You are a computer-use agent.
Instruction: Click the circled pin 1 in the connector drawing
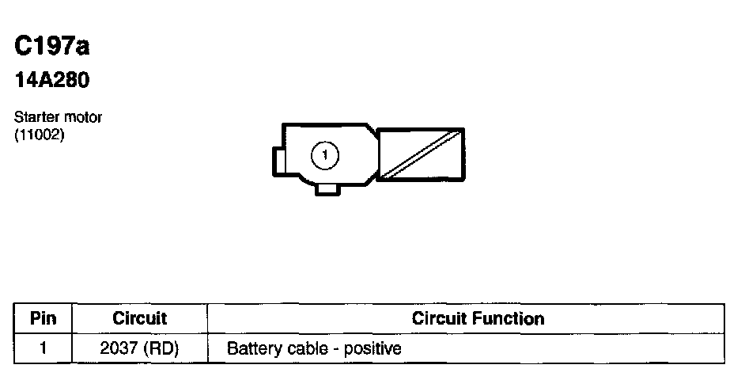[324, 155]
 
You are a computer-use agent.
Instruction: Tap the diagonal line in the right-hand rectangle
[419, 154]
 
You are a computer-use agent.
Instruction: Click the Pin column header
[43, 319]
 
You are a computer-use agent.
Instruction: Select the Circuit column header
[139, 319]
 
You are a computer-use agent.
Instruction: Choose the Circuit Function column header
[478, 319]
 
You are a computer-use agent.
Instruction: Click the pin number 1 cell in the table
[43, 348]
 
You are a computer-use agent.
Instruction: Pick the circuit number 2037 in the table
[119, 348]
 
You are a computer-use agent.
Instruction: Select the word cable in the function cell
[304, 348]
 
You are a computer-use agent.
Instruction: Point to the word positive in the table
[372, 348]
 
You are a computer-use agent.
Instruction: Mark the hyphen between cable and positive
[333, 348]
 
